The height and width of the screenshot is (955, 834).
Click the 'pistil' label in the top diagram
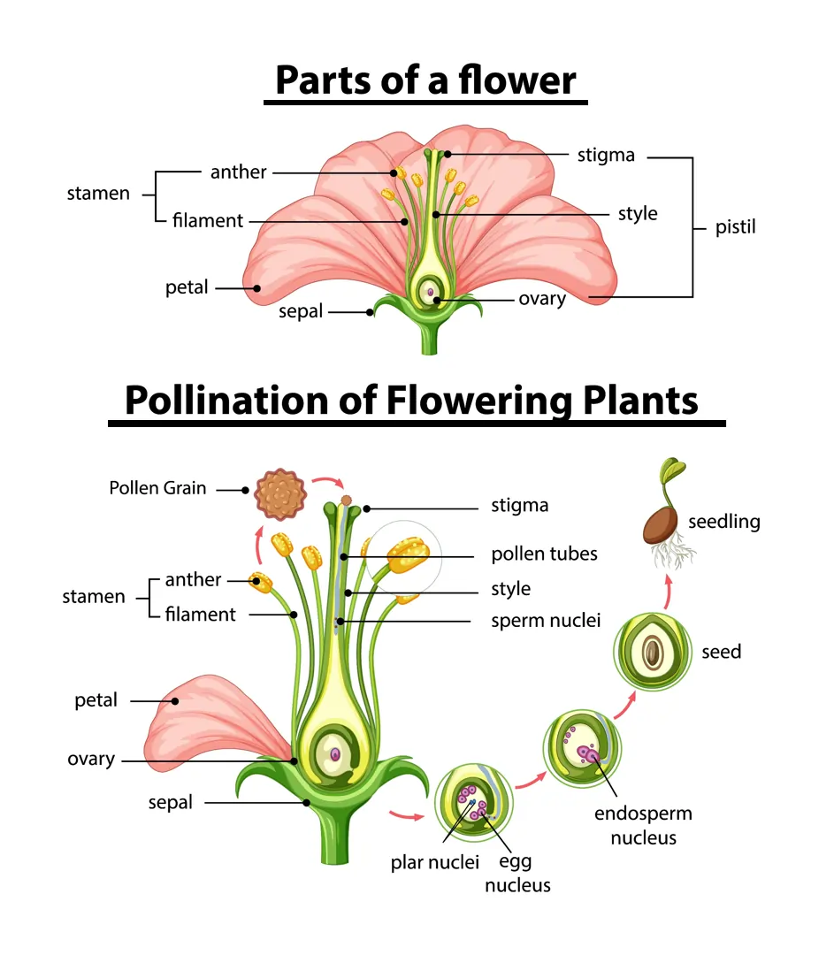[x=735, y=228]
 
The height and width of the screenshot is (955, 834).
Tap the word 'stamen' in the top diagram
[x=98, y=194]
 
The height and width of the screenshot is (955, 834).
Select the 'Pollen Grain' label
[x=157, y=487]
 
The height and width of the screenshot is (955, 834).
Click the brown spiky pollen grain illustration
[x=279, y=494]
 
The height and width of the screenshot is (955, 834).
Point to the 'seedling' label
[x=724, y=521]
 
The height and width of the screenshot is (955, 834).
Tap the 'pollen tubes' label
[x=544, y=554]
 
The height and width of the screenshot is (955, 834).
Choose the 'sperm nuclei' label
[x=546, y=621]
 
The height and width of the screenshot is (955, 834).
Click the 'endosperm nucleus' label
[x=643, y=825]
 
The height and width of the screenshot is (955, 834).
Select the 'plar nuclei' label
[x=434, y=862]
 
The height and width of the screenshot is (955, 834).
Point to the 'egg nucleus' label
[x=517, y=873]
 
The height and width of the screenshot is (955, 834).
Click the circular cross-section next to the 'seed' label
[x=652, y=653]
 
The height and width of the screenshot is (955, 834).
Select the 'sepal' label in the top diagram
[x=301, y=311]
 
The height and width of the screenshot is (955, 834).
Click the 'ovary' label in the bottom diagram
[x=91, y=760]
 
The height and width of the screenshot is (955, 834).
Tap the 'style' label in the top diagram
[x=638, y=213]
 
